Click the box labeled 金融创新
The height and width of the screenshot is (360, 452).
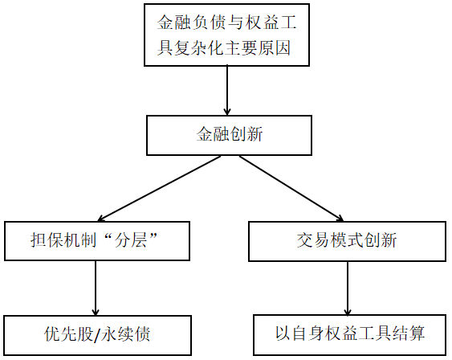coord(229,135)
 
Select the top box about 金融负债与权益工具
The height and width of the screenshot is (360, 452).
coord(226,35)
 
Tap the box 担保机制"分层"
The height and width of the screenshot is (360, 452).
coord(97,241)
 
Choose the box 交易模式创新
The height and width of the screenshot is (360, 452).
coord(347,241)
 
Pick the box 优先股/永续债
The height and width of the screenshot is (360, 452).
coord(97,335)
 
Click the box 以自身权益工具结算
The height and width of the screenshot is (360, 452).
coord(350,334)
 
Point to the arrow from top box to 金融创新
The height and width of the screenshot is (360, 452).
coord(227,91)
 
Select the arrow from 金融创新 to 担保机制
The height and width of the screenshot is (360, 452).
coord(160,189)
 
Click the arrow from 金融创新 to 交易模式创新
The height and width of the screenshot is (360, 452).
coord(291,189)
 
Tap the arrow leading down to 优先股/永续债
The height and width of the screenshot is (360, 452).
coord(96,288)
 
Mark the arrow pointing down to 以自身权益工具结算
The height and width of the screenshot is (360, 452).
coord(348,288)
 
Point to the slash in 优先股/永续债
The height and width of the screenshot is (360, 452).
coord(97,334)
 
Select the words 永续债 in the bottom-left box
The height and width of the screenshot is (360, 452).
coord(126,334)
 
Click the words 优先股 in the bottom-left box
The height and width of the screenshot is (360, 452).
coord(69,334)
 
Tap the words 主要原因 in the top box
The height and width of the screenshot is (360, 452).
coord(258,47)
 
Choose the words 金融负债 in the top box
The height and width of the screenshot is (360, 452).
coord(190,22)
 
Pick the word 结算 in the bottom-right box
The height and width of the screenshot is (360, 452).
coord(408,333)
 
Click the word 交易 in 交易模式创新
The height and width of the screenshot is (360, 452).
coord(314,240)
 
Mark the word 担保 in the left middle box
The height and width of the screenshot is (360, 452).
coord(47,240)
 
